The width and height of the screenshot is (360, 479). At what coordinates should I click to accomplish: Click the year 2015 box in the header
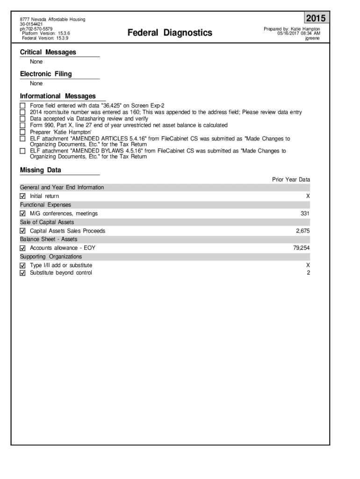[x=316, y=19]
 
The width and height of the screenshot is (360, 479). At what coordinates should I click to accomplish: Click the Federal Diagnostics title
[x=170, y=32]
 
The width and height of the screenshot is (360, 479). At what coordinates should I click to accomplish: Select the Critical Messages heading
[x=48, y=52]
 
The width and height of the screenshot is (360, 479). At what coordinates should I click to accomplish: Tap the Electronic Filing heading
[x=46, y=74]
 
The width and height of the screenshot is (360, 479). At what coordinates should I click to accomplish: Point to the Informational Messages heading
[x=58, y=96]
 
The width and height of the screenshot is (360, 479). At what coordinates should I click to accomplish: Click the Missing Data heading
[x=41, y=170]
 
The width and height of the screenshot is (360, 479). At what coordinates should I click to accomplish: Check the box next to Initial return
[x=23, y=196]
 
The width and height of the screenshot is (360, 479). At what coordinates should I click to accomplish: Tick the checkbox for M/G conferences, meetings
[x=23, y=214]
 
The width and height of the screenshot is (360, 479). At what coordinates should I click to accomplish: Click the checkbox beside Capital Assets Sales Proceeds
[x=23, y=231]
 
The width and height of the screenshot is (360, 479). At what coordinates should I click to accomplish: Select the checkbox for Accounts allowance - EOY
[x=23, y=248]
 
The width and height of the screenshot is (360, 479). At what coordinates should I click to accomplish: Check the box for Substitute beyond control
[x=23, y=273]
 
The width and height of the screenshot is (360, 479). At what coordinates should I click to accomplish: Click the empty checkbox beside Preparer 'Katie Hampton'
[x=23, y=132]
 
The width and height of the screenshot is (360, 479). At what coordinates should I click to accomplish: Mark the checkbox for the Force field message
[x=23, y=106]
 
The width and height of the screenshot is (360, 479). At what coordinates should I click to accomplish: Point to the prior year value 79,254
[x=302, y=248]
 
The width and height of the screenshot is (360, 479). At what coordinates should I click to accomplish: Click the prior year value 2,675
[x=303, y=231]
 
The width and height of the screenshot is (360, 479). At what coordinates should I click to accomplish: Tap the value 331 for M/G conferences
[x=305, y=213]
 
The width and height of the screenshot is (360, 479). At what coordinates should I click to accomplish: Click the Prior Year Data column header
[x=291, y=180]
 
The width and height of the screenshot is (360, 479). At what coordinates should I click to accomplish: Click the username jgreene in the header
[x=312, y=38]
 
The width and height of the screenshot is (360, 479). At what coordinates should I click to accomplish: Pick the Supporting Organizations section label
[x=51, y=257]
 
